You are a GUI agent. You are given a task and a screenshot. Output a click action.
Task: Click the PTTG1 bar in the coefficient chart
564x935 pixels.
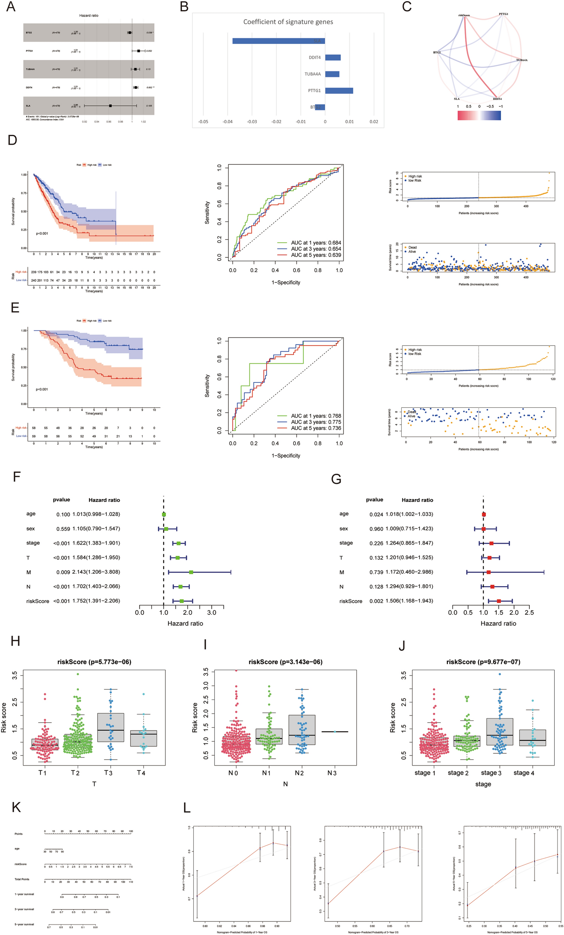click(339, 91)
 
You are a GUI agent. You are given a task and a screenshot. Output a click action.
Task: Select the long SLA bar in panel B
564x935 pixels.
click(278, 41)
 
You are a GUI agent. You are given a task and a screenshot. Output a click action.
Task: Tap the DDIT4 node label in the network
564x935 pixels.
click(497, 99)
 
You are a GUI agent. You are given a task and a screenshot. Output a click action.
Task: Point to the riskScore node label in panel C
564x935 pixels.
click(464, 15)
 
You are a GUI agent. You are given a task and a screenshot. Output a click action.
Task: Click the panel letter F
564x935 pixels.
click(16, 477)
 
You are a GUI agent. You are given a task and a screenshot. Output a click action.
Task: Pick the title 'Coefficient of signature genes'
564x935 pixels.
click(288, 22)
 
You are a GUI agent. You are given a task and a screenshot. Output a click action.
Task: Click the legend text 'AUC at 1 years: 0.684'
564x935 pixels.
click(316, 243)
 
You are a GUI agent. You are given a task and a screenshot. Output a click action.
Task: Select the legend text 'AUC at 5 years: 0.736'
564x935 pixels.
click(316, 428)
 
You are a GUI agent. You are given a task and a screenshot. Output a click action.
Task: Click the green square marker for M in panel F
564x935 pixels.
click(191, 572)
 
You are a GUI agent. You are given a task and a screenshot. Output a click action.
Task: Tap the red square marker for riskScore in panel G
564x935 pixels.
click(499, 601)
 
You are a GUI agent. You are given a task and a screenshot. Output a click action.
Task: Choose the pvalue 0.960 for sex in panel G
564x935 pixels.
click(376, 528)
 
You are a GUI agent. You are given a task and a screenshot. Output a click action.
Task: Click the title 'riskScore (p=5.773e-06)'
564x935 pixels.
click(94, 662)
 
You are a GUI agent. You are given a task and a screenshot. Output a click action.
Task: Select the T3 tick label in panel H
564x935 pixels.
click(108, 773)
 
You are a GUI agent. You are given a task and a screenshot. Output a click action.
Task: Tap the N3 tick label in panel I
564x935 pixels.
click(332, 773)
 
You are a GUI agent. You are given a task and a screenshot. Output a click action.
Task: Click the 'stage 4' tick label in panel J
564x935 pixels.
click(524, 773)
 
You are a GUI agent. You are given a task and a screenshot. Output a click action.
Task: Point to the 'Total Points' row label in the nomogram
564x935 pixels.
click(22, 879)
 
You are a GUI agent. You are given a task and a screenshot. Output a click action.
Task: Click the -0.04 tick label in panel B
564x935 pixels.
click(228, 122)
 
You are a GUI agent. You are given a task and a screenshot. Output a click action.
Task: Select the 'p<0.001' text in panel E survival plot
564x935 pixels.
click(42, 389)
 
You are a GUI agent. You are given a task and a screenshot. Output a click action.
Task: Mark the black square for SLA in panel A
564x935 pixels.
click(110, 106)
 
